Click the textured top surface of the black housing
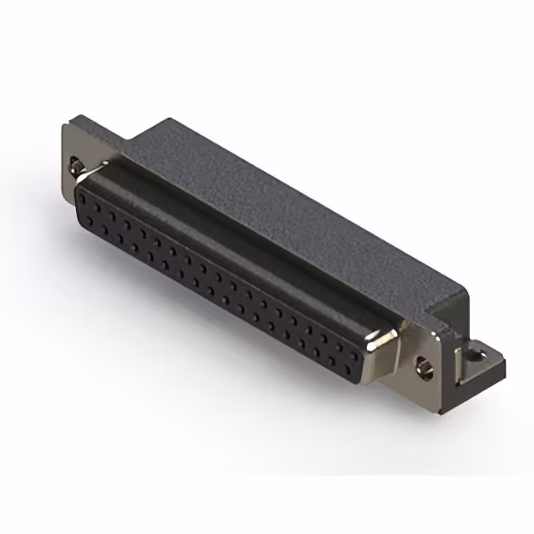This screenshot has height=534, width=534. click(x=275, y=200)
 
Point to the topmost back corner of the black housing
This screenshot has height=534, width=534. click(x=167, y=119)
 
